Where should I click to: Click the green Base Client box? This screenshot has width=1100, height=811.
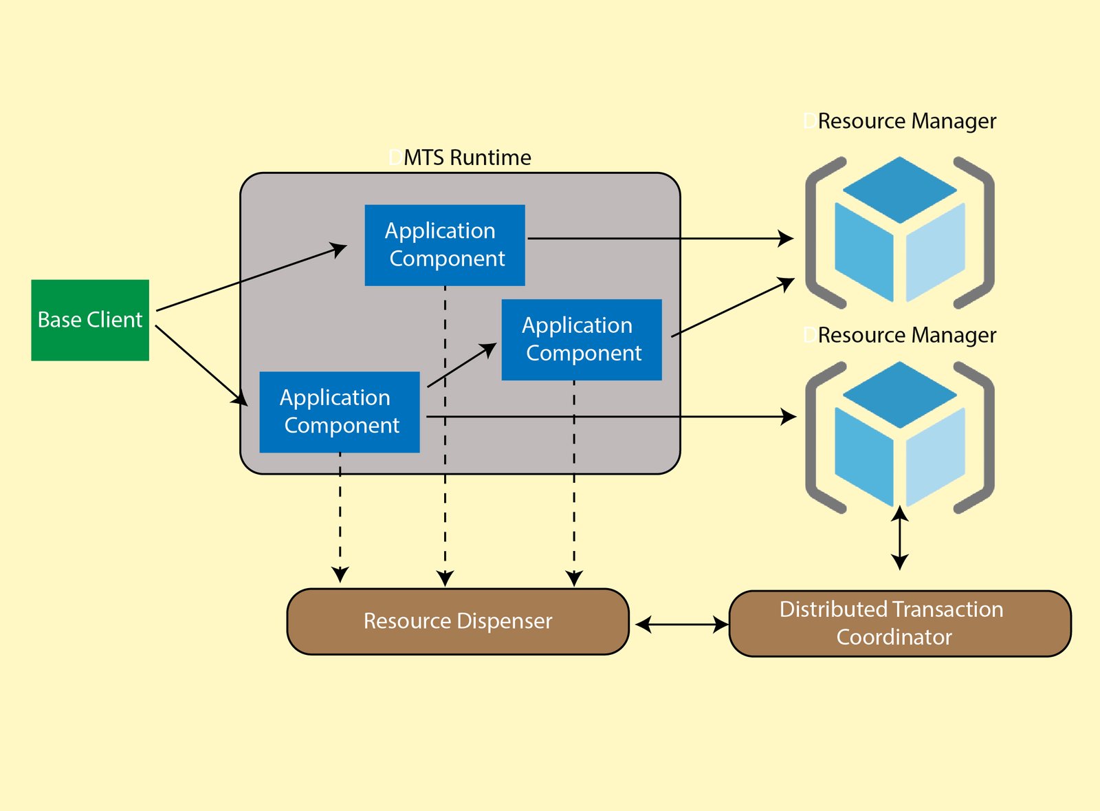click(90, 320)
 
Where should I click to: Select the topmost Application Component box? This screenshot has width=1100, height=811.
click(445, 245)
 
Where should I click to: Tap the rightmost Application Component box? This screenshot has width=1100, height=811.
click(582, 339)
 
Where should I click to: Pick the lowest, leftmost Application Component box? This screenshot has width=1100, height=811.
click(339, 412)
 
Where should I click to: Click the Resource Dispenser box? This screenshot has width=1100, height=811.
click(458, 621)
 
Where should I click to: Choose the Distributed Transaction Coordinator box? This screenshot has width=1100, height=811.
click(899, 623)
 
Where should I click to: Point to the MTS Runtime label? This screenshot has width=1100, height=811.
click(467, 158)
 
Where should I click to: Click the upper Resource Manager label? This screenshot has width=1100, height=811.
click(906, 121)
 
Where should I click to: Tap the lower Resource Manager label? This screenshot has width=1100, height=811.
click(906, 335)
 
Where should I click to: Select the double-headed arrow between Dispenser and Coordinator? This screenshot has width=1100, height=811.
click(682, 625)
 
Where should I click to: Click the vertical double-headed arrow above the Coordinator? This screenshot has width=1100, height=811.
click(899, 538)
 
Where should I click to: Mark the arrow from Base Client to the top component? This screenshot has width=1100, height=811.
click(251, 277)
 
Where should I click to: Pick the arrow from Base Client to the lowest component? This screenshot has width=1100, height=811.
click(201, 365)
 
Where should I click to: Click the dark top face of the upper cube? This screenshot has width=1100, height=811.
click(899, 188)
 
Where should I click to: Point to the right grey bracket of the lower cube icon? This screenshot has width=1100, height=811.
click(983, 437)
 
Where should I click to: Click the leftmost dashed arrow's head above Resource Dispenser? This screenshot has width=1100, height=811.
click(340, 574)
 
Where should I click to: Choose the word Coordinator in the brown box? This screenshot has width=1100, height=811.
click(894, 637)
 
